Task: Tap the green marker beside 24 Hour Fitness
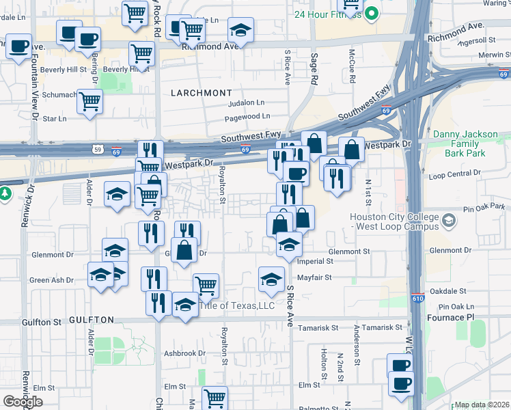point(372,13)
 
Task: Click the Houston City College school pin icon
point(449,221)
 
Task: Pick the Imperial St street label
point(315,261)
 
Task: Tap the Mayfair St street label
point(314,277)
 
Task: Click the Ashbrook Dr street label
point(184,353)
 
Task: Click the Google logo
point(23,401)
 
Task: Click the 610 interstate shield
point(417,298)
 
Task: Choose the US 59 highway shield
point(97,148)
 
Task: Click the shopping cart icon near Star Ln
point(89,102)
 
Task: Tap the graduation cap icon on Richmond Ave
point(240,30)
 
